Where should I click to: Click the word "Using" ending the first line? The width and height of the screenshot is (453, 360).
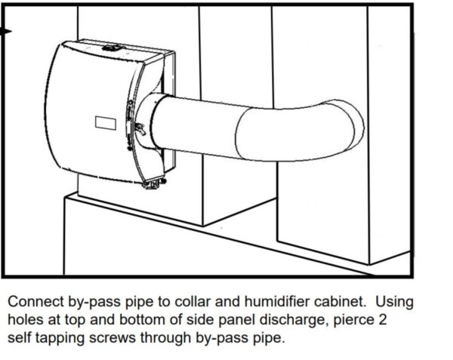point(396,302)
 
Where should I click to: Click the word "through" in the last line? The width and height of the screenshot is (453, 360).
point(170,338)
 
